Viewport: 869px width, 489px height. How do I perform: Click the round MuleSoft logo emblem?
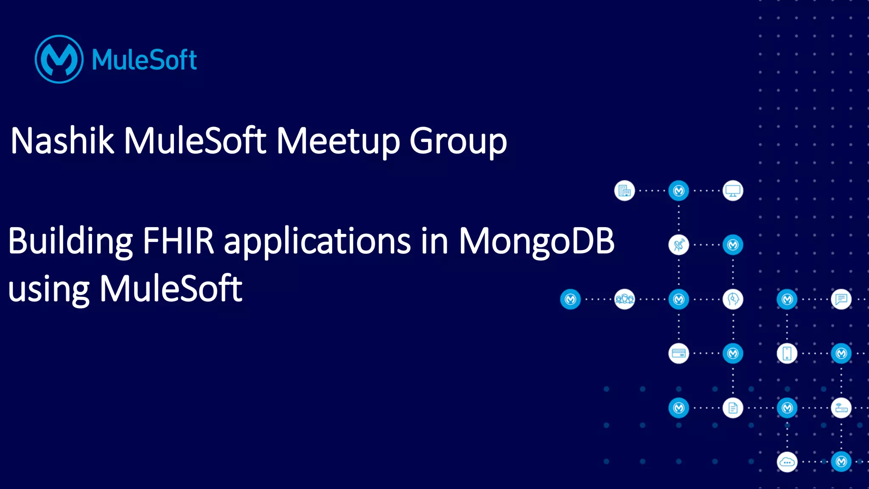point(59,59)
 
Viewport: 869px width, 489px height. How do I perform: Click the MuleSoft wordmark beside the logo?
point(144,59)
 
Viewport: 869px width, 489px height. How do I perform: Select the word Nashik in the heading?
point(62,141)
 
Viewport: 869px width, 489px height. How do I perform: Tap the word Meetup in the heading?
point(338,141)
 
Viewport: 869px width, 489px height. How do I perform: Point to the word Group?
point(458,142)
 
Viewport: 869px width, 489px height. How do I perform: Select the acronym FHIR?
point(178,241)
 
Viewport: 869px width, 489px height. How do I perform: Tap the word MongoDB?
point(536,241)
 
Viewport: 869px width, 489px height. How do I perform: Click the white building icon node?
point(624,191)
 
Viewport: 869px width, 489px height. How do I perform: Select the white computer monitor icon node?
point(733,191)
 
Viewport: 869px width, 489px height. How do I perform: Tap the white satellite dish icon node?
point(678,245)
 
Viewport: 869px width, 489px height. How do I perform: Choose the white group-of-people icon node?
point(624,299)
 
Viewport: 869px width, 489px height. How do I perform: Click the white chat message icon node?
point(841,299)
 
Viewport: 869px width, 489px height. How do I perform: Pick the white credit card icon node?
point(678,354)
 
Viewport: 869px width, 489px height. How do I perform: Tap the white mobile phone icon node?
point(787,354)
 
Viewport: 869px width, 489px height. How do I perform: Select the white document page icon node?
point(733,408)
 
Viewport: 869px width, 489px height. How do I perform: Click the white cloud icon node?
point(787,462)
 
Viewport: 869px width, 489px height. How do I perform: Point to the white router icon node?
point(841,408)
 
